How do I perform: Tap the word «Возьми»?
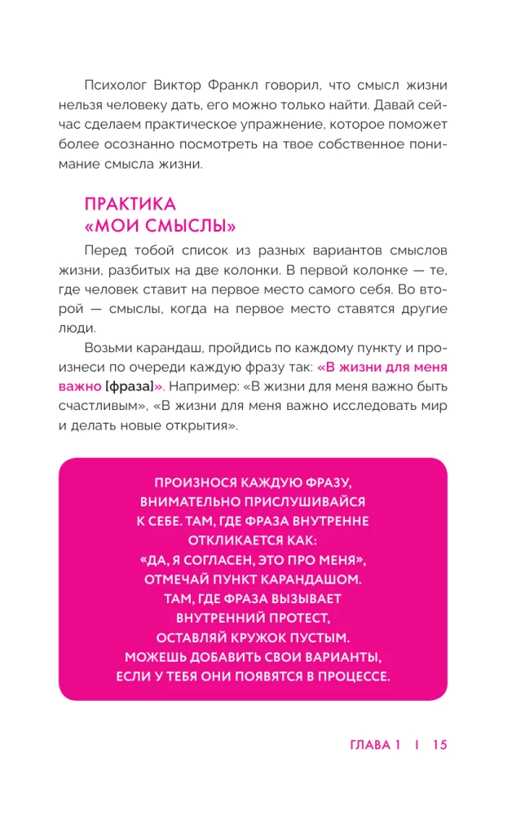[111, 346]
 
